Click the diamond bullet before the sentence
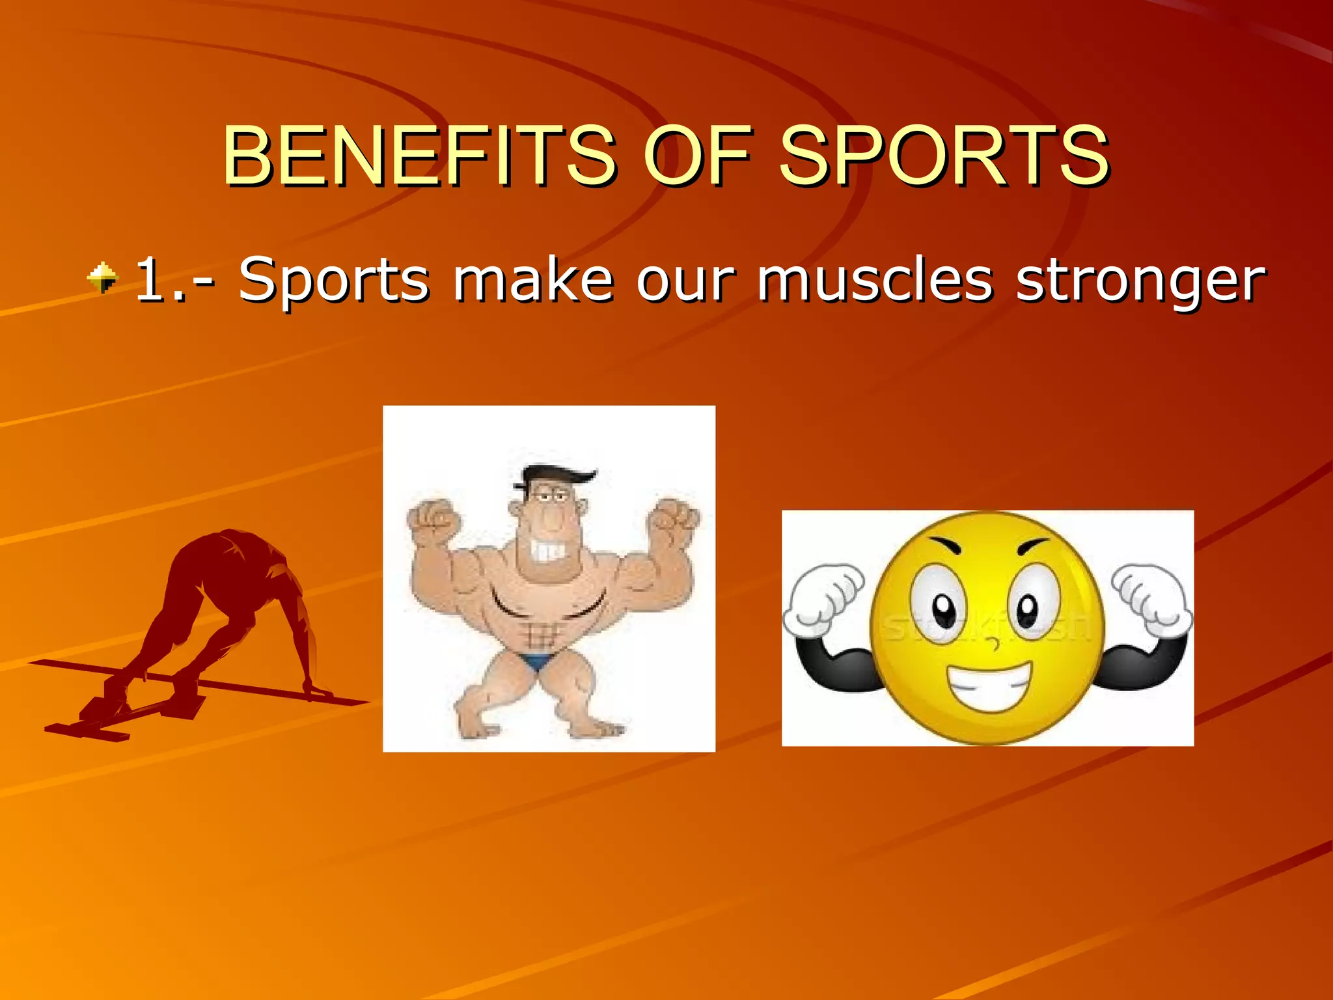(102, 278)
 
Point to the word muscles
(874, 280)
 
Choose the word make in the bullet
(534, 280)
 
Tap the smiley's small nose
(993, 645)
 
